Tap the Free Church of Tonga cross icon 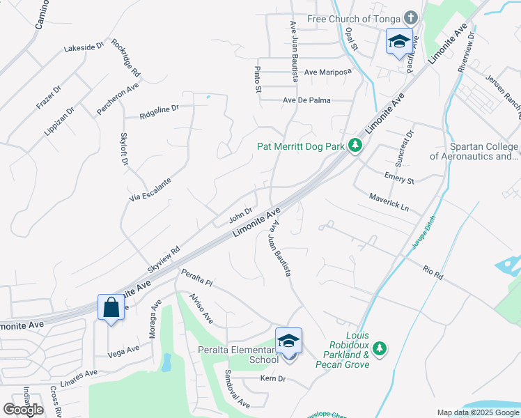(x=412, y=17)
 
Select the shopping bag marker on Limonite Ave (x=111, y=307)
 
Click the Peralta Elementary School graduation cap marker (x=288, y=341)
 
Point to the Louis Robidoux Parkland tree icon (x=379, y=348)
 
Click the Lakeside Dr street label (x=84, y=48)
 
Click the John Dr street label (x=240, y=216)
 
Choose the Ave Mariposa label (x=327, y=72)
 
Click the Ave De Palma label (x=306, y=100)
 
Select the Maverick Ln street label (x=389, y=203)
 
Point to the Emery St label (x=399, y=178)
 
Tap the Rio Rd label (x=433, y=271)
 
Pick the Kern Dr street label (x=273, y=379)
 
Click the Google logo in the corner (x=23, y=409)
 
